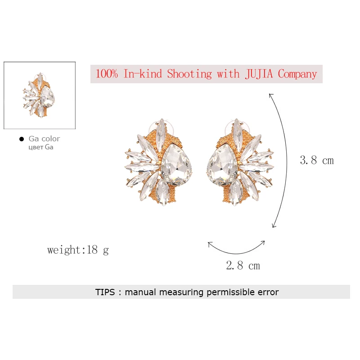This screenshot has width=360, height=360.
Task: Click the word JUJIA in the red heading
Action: point(260,74)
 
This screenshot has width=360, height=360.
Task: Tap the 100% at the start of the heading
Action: point(107,74)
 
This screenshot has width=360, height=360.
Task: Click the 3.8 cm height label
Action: point(317,160)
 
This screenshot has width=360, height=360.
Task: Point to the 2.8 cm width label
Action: point(243,265)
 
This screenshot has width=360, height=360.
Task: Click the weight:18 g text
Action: point(78,250)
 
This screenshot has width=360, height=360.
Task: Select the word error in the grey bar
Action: point(266,292)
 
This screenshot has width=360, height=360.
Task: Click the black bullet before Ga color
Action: point(21,139)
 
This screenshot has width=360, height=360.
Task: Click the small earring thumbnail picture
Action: point(40,95)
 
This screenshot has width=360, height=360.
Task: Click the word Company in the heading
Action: point(297,74)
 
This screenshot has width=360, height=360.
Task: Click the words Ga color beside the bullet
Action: point(44,139)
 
